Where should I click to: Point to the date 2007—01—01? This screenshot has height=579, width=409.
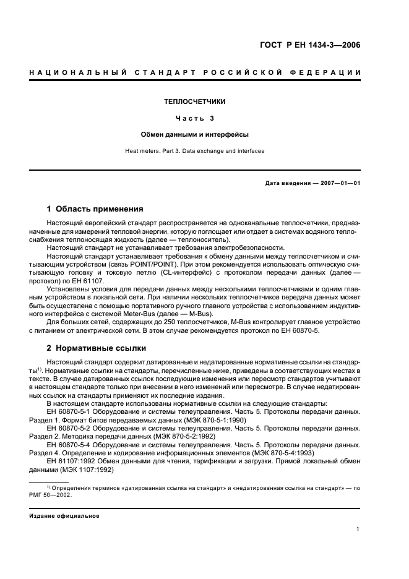click(340, 183)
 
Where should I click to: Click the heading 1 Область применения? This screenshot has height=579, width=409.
click(95, 208)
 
